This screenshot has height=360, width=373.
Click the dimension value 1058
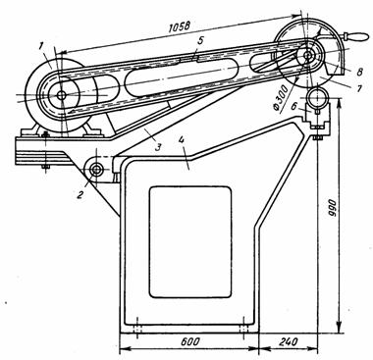[179, 27]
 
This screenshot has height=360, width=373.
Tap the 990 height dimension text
[331, 209]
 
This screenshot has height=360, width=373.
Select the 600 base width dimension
[189, 342]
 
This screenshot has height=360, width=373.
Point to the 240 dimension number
[289, 342]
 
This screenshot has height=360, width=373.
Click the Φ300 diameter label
[281, 98]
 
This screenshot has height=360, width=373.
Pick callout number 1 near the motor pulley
[40, 47]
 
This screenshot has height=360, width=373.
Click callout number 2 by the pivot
[80, 195]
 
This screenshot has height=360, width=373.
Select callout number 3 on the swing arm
[158, 147]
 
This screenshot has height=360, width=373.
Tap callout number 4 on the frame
[182, 140]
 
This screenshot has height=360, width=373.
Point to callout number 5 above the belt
[200, 40]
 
